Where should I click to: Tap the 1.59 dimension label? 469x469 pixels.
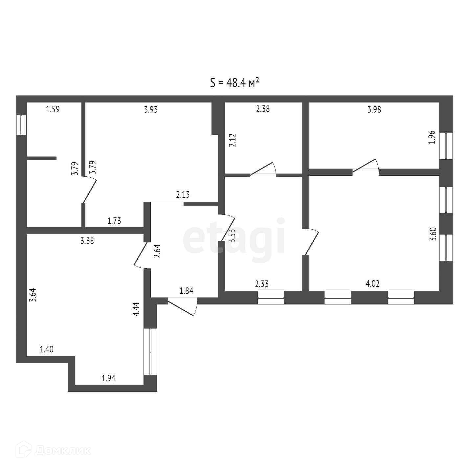tap(53, 109)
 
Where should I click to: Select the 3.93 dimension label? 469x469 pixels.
tap(151, 109)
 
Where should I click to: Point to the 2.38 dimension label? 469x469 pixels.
tap(263, 109)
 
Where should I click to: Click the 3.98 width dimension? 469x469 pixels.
tap(374, 109)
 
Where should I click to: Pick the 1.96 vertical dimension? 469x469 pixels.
tap(432, 137)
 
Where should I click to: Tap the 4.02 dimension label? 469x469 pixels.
tap(372, 283)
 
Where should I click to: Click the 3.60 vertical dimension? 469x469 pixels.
tap(433, 234)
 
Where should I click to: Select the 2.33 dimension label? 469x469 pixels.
tap(262, 284)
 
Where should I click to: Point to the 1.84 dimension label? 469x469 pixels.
tap(187, 291)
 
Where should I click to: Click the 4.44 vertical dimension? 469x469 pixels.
tap(137, 309)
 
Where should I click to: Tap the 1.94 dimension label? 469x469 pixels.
tap(109, 378)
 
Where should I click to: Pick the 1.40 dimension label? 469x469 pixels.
tap(47, 349)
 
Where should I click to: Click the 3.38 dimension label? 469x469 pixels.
tap(87, 241)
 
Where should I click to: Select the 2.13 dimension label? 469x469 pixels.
tap(183, 195)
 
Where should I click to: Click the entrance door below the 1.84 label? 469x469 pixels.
tap(183, 306)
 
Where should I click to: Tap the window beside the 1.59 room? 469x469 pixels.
tap(21, 124)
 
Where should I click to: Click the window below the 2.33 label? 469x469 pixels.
tap(271, 298)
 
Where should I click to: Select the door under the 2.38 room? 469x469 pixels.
tap(263, 169)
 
